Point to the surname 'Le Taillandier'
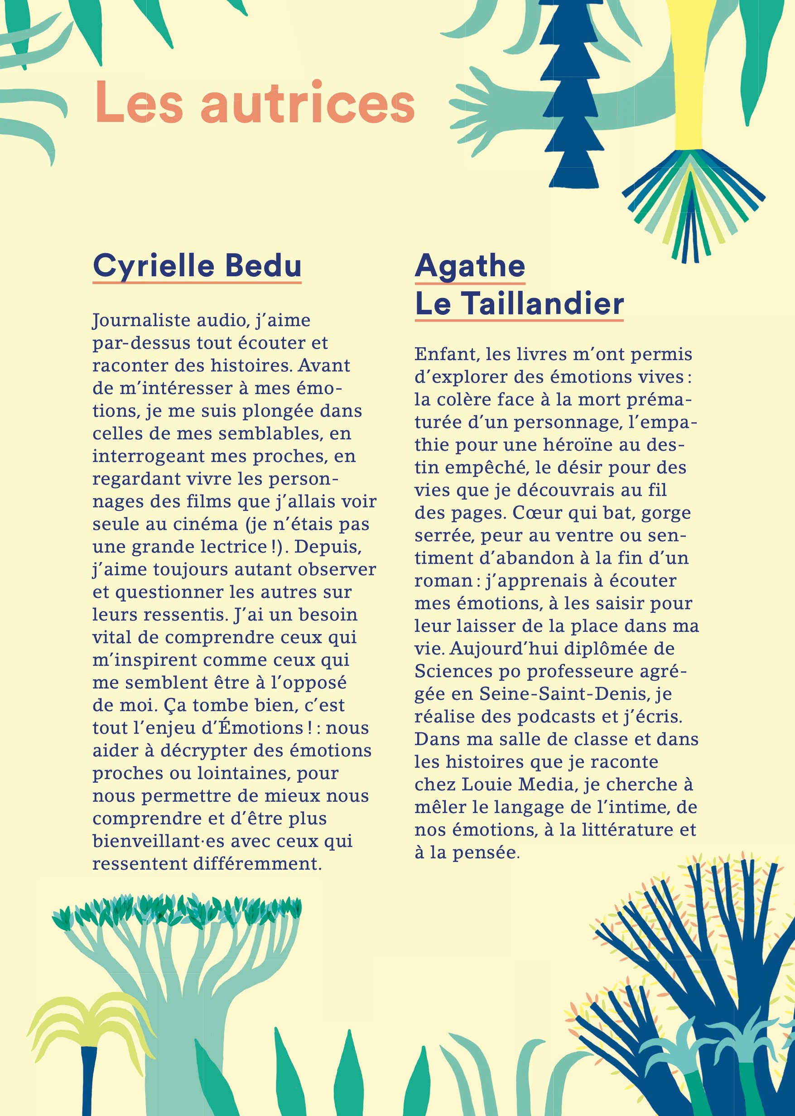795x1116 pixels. click(x=519, y=303)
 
